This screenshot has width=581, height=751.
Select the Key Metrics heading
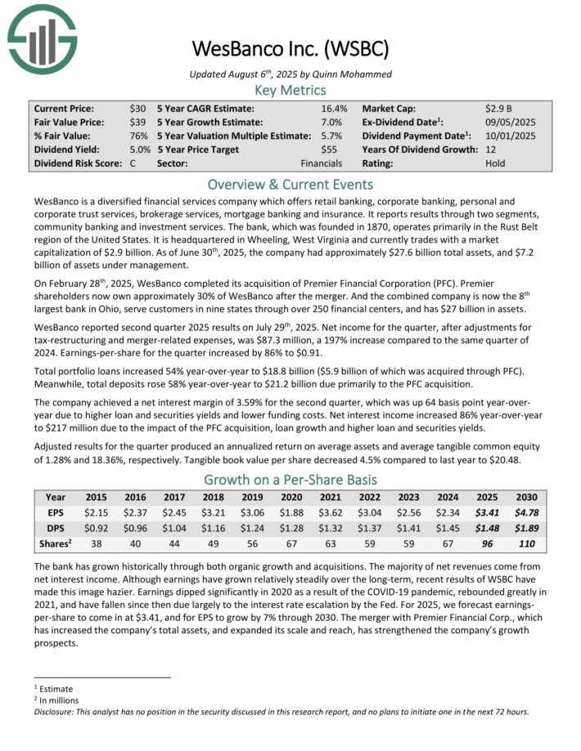pyautogui.click(x=290, y=90)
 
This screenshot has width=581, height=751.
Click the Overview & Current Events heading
pyautogui.click(x=290, y=184)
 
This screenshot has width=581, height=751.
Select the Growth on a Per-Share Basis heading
pyautogui.click(x=290, y=480)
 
